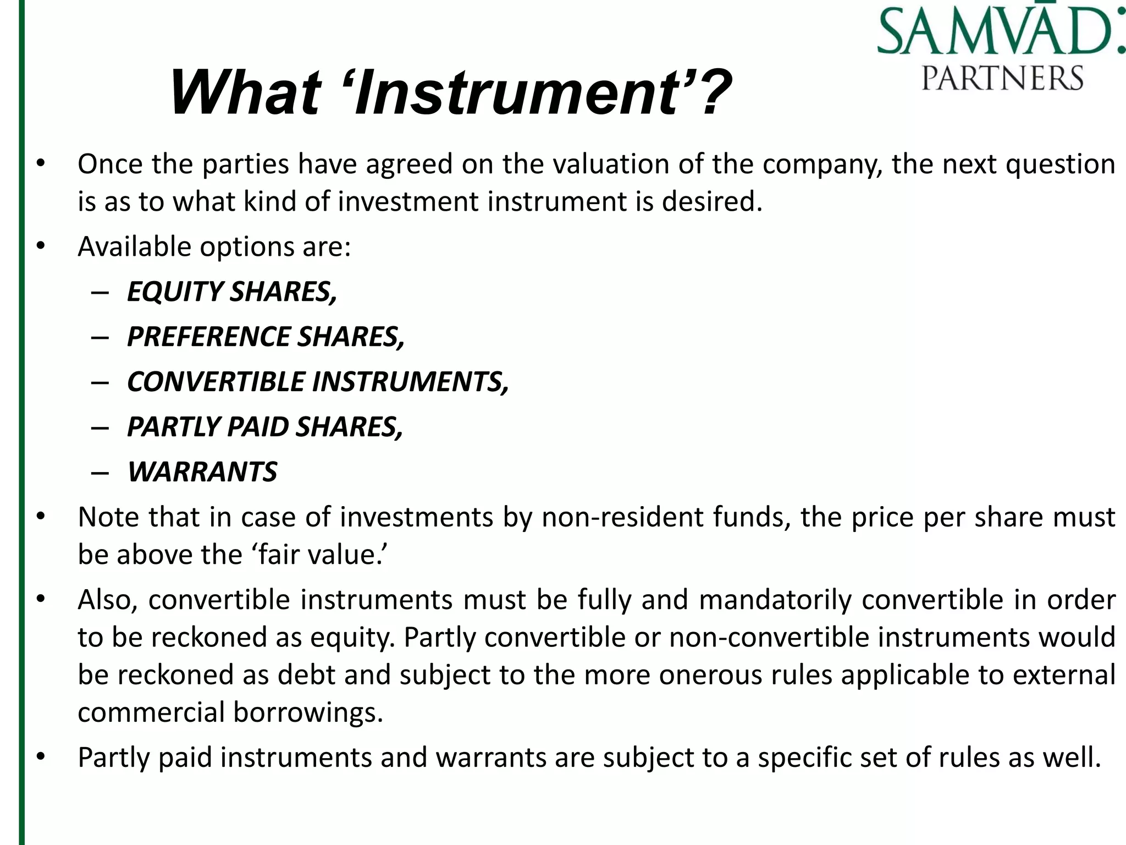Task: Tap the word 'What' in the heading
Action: coord(245,92)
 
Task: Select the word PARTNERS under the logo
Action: coord(1002,78)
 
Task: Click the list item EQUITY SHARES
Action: coord(231,292)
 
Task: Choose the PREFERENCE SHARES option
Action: coord(266,337)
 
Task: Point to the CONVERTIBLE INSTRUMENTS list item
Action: coord(318,382)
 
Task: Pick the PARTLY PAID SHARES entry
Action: coord(265,427)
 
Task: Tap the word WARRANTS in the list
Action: coord(202,472)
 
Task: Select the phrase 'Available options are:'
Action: coord(214,246)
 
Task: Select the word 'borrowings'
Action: coord(307,712)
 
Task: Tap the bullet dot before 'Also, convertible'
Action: coord(40,599)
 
